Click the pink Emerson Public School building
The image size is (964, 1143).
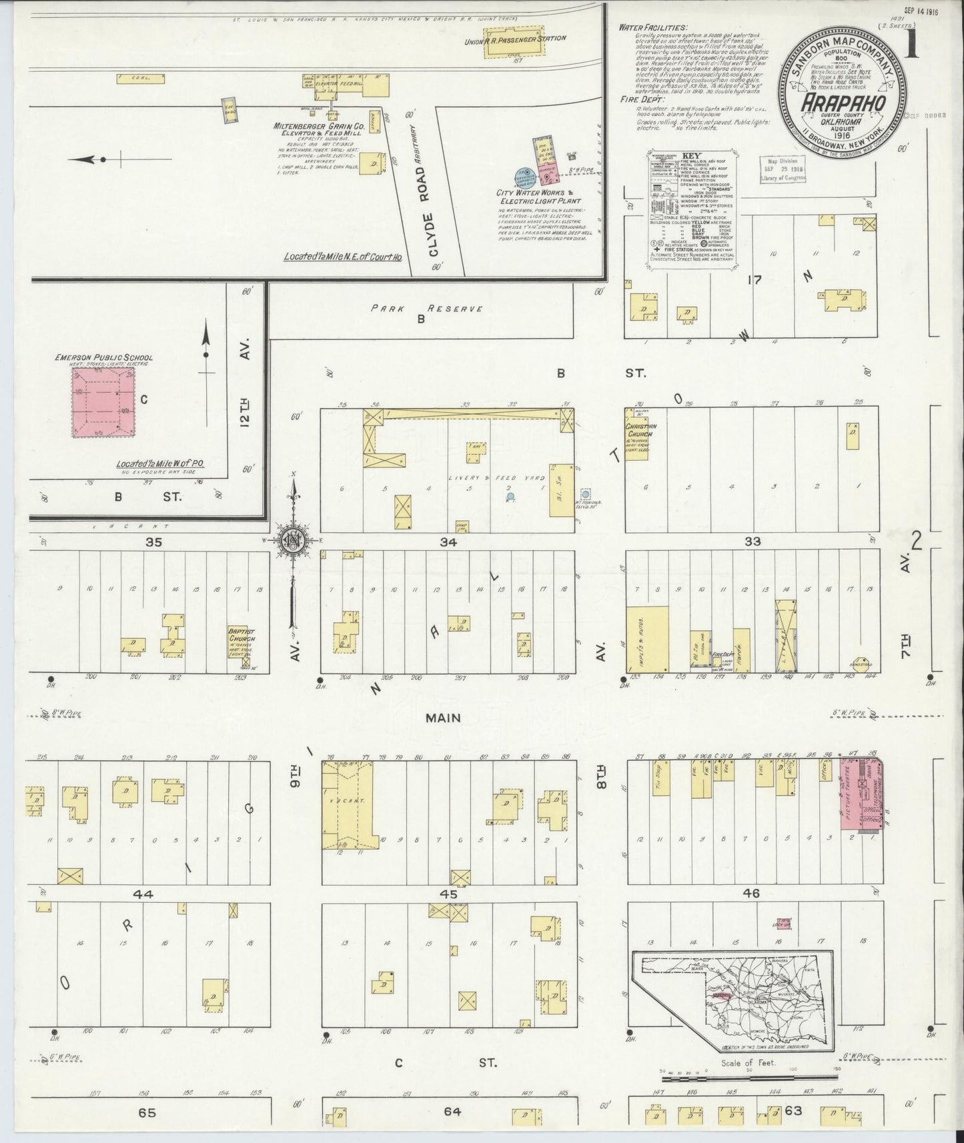(x=103, y=403)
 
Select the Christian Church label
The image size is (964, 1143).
(x=640, y=430)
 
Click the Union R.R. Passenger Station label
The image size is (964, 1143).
(x=516, y=39)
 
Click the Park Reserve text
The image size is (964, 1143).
(x=427, y=309)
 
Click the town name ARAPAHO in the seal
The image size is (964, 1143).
(x=843, y=104)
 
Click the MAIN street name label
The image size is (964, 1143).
(x=444, y=718)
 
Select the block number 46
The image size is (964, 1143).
(x=751, y=894)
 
